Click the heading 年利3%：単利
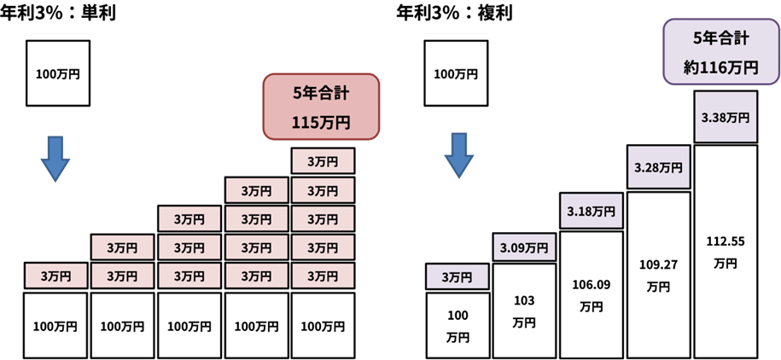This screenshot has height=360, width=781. point(59,14)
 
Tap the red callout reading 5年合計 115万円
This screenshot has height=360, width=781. point(321,106)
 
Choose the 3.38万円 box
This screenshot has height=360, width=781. point(726,119)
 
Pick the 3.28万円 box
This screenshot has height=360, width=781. point(658,167)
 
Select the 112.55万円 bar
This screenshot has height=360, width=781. point(726,252)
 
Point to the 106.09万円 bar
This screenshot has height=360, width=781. point(591,294)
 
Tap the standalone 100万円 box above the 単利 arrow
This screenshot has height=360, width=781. point(58,75)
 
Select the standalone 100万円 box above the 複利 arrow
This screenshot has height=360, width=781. point(457,75)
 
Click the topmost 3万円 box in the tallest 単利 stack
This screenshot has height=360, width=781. point(322,160)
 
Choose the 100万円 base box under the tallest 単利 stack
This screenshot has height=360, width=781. point(322,326)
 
